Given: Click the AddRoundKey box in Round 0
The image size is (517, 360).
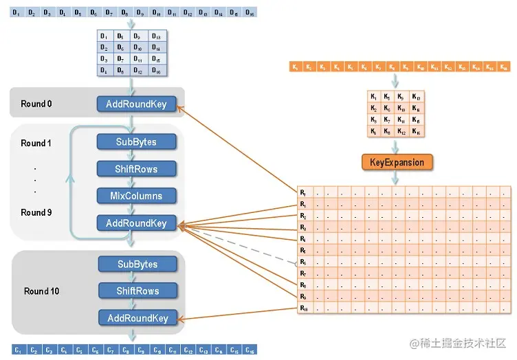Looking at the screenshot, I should coord(136,104).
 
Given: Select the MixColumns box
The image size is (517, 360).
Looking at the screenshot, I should coord(136,196).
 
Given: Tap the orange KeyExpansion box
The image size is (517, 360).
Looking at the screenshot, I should coord(397,163).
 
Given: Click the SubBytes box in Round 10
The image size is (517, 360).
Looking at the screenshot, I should coord(137,265).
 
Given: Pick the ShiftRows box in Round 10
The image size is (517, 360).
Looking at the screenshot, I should coord(137,291).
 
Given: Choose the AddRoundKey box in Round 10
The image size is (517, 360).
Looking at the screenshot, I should coord(137,318).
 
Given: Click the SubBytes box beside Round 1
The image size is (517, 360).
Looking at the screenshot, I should coord(136,142).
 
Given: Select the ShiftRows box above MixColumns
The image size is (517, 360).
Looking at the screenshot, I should coord(136,169).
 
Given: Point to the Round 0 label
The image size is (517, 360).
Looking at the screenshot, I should coord(36,104).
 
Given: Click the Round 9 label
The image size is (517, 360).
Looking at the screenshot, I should coord(36,212).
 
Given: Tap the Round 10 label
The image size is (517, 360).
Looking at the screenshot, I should coord(41,291).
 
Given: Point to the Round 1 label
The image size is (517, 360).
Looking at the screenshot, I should coord(36,144).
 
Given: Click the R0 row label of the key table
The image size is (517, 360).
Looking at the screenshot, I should coord(303,192).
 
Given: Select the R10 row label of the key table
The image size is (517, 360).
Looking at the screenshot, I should coord(304,308).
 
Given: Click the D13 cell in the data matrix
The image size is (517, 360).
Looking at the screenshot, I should coord(156,36).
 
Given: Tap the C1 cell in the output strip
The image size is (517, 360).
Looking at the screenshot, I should coord(18,351).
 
